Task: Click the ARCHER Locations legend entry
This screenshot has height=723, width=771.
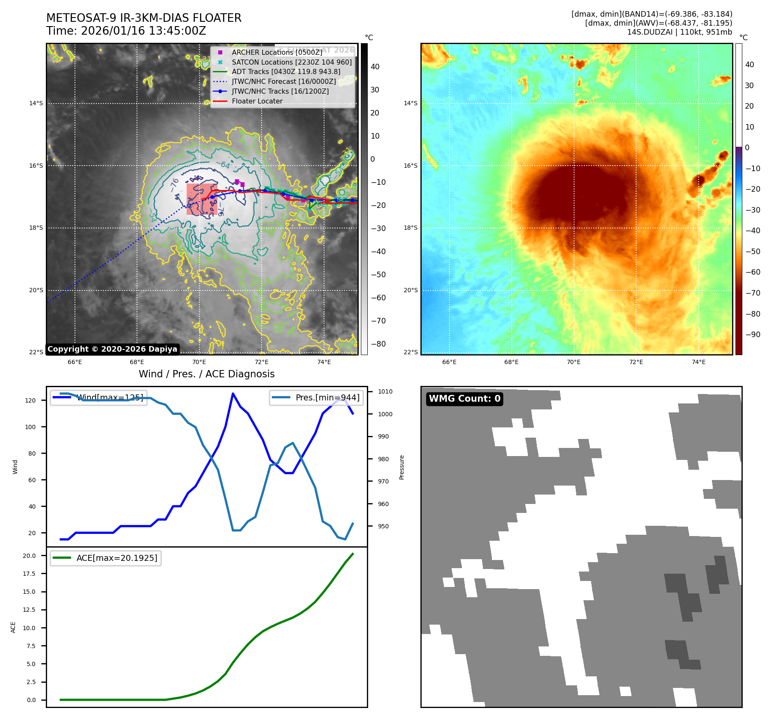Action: (277, 52)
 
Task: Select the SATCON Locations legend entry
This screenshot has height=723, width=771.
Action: (292, 62)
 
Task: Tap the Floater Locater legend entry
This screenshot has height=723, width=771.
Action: (257, 101)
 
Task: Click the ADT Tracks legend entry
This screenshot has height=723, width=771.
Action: (286, 72)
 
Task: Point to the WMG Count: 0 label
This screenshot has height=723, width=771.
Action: (464, 399)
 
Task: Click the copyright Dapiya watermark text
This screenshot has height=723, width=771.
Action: (112, 349)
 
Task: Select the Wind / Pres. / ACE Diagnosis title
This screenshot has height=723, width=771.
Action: (206, 374)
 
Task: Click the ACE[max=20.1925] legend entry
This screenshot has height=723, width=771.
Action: (116, 558)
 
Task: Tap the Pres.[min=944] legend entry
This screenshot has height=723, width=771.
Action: (327, 397)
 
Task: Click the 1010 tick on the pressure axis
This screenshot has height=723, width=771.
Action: (385, 391)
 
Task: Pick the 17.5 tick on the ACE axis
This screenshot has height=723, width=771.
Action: (29, 574)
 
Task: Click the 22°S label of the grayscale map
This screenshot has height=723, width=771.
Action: (36, 352)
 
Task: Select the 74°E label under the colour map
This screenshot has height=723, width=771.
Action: (699, 362)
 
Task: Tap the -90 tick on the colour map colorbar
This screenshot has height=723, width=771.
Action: (753, 335)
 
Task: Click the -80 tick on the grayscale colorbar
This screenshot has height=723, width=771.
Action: (378, 344)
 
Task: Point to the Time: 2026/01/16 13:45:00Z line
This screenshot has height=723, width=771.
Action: (126, 31)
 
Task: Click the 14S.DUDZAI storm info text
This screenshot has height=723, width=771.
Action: (679, 32)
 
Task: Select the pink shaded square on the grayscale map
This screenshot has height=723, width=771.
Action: (202, 199)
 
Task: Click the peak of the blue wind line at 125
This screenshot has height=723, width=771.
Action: (233, 393)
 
